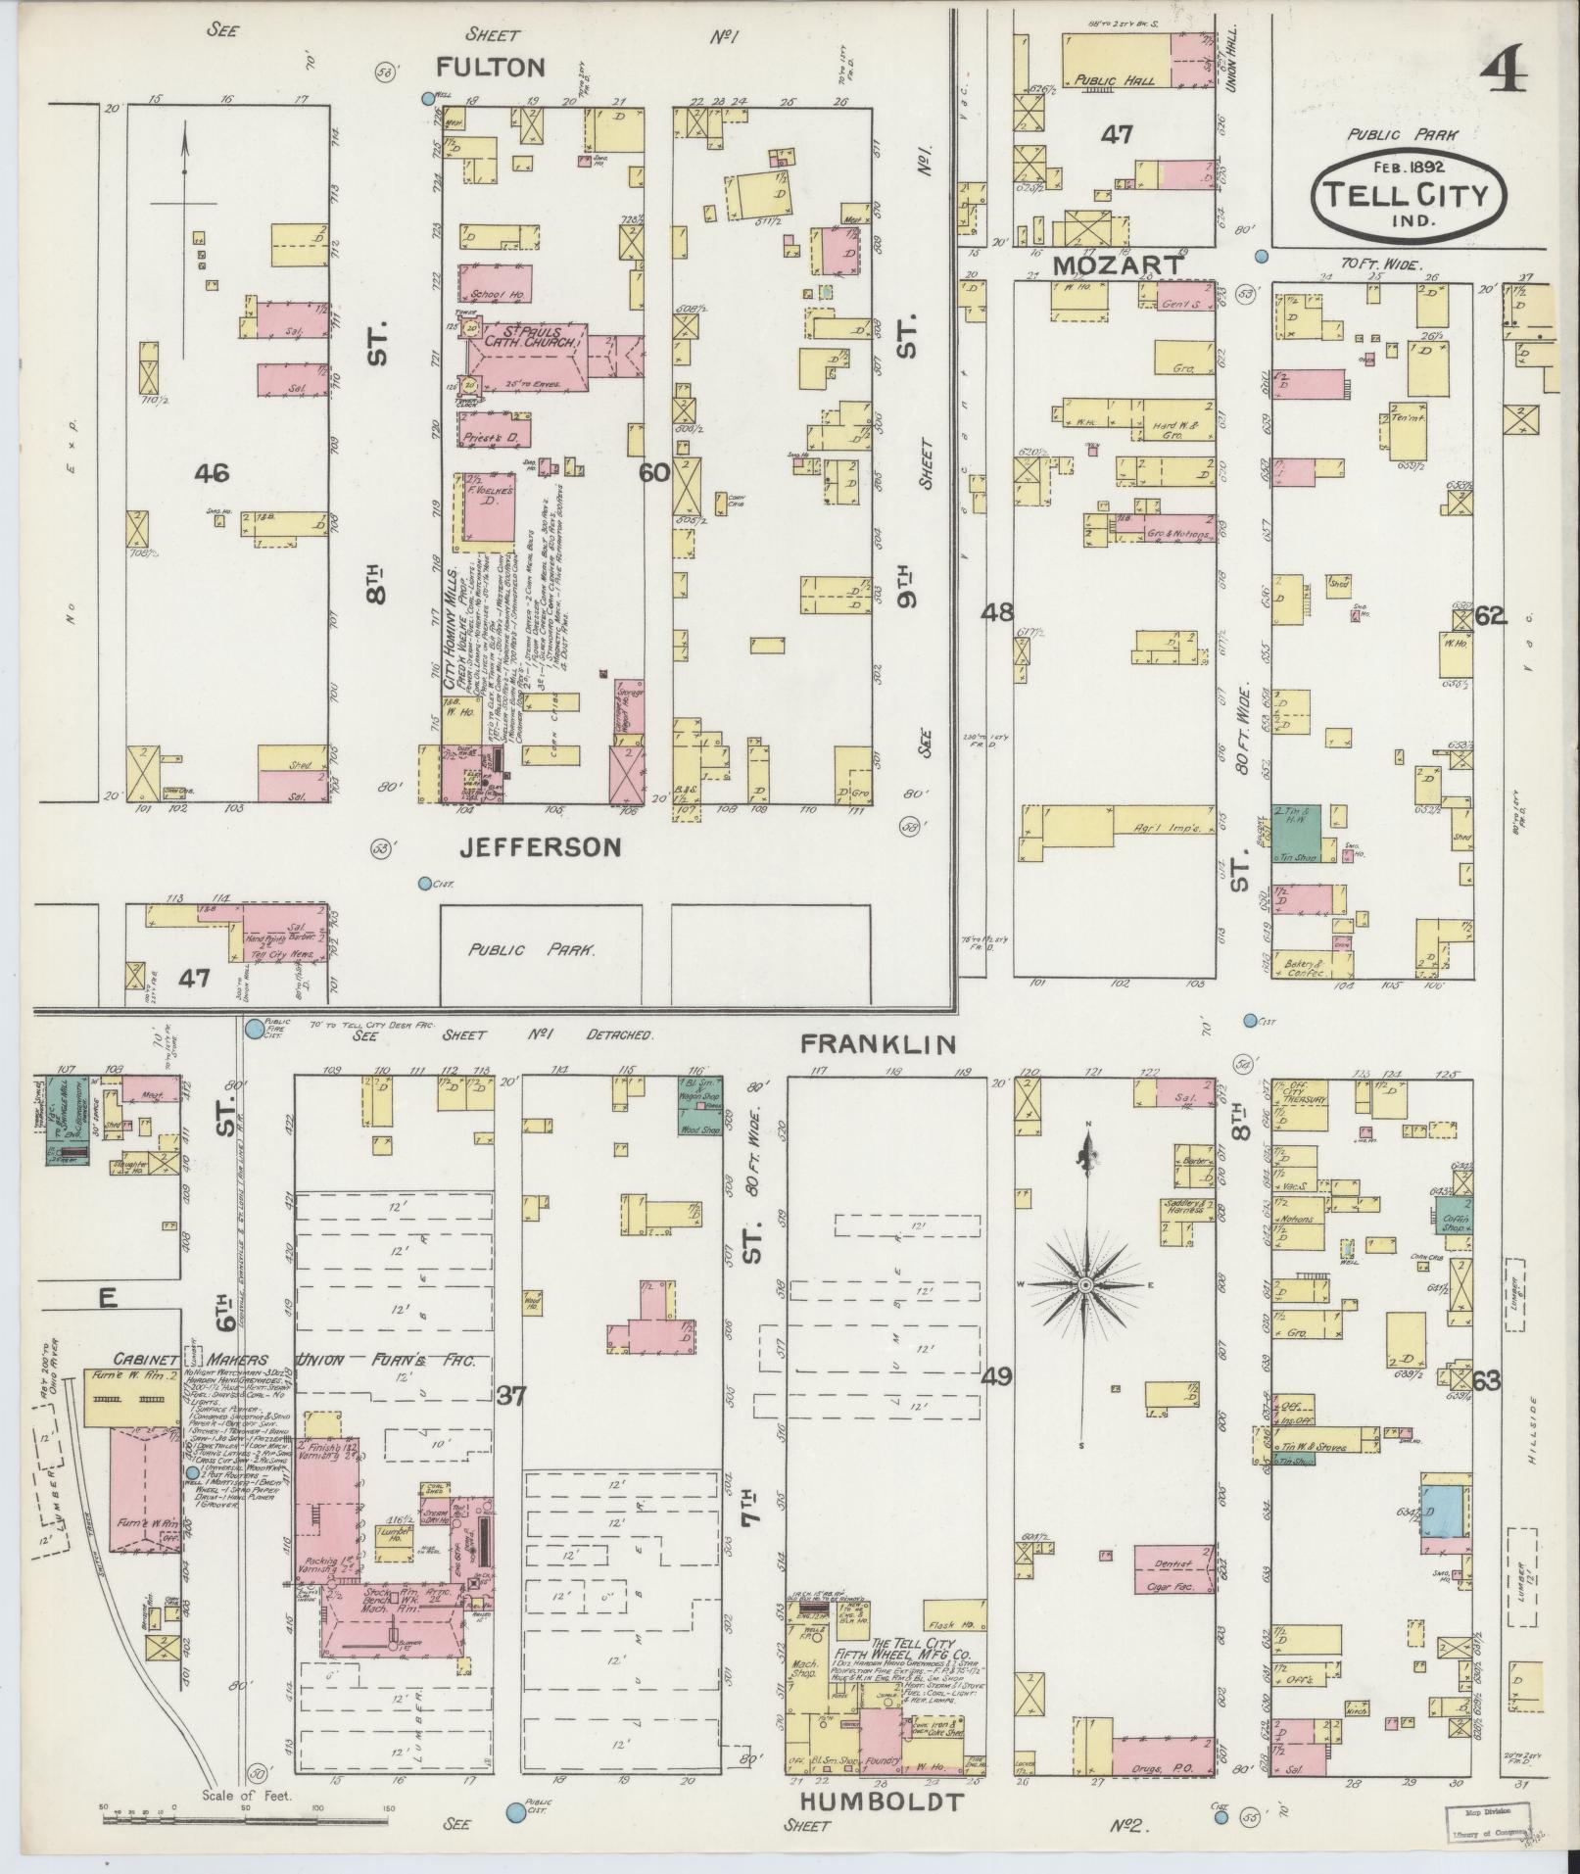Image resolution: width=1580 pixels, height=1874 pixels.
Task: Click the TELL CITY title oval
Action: point(1409,191)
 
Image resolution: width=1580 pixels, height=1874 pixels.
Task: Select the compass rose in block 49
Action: point(1085,1282)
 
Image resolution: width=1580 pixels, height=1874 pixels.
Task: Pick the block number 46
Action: point(212,474)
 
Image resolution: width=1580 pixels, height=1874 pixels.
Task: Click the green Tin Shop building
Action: point(1296,833)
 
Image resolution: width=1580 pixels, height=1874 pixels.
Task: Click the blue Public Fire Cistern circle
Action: point(255,1029)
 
